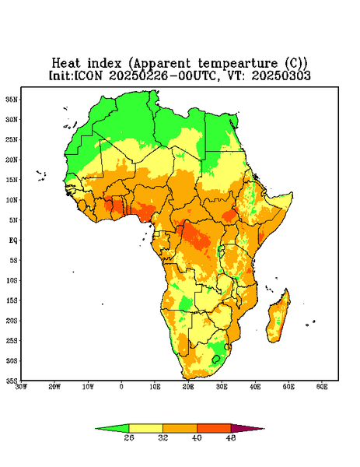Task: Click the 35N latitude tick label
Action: [12, 99]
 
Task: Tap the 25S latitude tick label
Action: [12, 340]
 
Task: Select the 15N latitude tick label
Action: [12, 180]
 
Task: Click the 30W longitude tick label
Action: [21, 387]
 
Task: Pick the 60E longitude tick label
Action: [322, 387]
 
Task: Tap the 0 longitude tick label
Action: [121, 387]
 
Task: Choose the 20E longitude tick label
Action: [188, 387]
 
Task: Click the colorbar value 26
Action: [129, 437]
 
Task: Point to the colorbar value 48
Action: [231, 437]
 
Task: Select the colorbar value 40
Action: [197, 437]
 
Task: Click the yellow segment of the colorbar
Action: [145, 429]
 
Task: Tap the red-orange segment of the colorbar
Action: [214, 429]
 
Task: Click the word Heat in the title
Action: [66, 64]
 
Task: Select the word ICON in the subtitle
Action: [88, 75]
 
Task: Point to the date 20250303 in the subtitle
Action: [281, 75]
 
